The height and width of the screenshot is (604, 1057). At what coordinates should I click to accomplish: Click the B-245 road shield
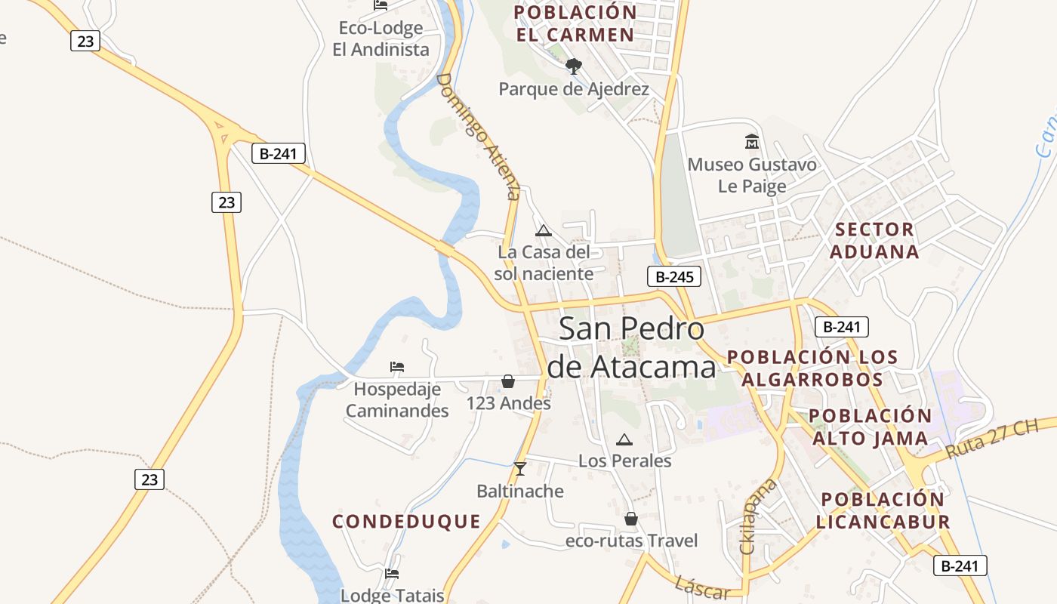tap(674, 276)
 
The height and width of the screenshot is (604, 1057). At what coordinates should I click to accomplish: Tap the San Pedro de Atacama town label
tap(632, 347)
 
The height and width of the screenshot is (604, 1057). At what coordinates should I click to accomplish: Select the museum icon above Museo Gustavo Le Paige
tap(752, 141)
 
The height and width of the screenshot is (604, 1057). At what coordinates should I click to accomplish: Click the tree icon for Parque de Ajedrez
tap(574, 66)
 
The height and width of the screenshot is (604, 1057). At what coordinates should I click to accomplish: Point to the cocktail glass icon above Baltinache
tap(519, 469)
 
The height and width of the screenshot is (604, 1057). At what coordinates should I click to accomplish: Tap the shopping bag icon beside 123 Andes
tap(508, 381)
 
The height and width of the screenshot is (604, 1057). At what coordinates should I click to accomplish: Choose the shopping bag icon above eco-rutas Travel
tap(631, 519)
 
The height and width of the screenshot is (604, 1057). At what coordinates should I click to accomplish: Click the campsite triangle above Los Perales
tap(624, 439)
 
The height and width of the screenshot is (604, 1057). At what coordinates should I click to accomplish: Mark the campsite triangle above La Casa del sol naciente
tap(543, 230)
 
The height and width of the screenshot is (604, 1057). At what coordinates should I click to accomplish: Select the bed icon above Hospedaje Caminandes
tap(397, 367)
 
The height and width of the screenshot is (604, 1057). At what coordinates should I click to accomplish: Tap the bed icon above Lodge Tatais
tap(391, 574)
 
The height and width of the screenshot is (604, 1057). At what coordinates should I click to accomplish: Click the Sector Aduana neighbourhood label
tap(874, 240)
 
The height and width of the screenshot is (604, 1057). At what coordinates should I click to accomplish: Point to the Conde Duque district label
tap(406, 521)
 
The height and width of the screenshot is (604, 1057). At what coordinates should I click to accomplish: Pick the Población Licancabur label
tap(883, 510)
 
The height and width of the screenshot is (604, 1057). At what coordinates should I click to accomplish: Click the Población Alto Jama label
tap(871, 427)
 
